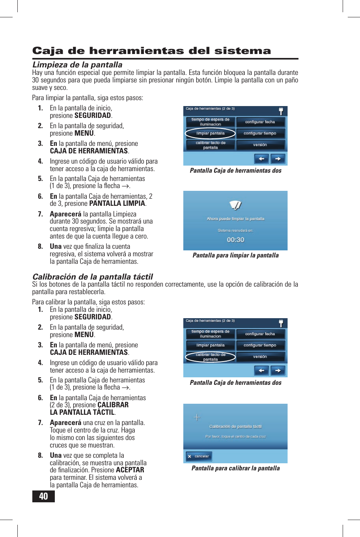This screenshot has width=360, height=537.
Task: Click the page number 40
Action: point(43,496)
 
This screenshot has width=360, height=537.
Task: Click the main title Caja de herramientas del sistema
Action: point(151,51)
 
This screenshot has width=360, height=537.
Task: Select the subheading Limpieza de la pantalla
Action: point(77,65)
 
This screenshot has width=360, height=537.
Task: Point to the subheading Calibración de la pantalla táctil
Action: point(92,277)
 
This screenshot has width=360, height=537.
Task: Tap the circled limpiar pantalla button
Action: point(211,134)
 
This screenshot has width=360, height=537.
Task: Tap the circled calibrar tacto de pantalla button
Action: point(211,357)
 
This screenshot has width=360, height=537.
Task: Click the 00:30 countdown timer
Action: point(235,240)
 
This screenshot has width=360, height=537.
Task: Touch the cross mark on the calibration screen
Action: point(197,418)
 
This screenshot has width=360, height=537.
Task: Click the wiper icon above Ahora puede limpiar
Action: point(235,205)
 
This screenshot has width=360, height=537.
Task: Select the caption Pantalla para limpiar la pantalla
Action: point(235,255)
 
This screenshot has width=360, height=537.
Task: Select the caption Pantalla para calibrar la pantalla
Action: point(235,468)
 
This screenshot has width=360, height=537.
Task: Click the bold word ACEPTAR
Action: point(130,470)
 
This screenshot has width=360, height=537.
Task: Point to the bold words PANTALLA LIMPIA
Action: point(117,203)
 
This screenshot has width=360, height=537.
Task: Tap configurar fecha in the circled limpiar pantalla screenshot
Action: point(260,122)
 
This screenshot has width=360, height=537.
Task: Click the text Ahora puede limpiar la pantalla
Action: point(235,219)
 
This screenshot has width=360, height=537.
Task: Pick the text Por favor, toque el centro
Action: point(235,436)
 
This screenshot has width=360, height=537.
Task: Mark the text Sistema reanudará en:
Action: point(235,230)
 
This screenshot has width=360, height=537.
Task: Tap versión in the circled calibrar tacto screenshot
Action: point(260,357)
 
